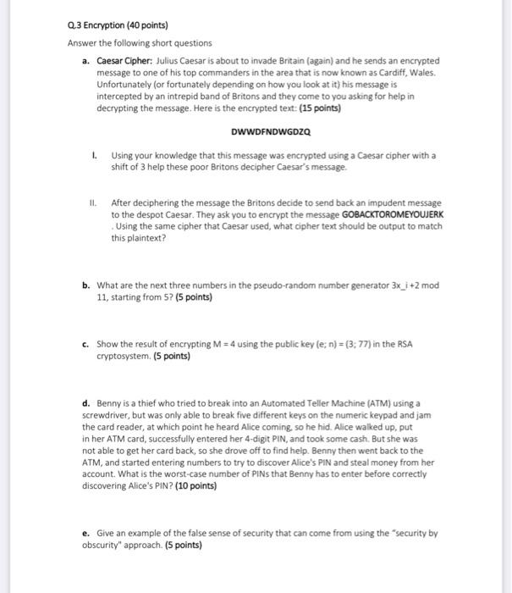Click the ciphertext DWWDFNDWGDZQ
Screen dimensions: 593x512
270,132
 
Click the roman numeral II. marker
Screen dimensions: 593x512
95,203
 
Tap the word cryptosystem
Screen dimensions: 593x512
121,357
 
